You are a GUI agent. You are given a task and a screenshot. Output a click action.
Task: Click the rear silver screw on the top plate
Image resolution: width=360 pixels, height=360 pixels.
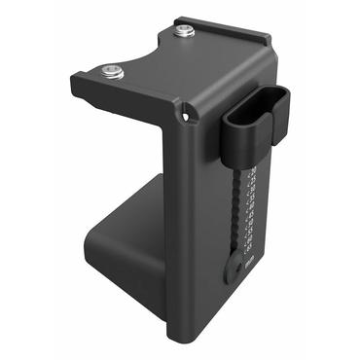(183, 32)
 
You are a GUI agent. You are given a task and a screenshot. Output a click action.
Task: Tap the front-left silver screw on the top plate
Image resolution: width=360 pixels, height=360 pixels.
(112, 70)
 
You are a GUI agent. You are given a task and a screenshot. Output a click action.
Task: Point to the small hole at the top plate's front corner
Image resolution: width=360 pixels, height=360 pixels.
(188, 117)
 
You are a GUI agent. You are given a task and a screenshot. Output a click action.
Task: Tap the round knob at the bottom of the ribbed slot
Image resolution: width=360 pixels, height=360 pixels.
(233, 270)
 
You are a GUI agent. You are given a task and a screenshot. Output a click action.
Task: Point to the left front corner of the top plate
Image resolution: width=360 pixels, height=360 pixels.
(76, 84)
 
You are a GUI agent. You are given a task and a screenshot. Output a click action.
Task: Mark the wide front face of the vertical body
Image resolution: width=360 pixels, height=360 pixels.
(199, 234)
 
